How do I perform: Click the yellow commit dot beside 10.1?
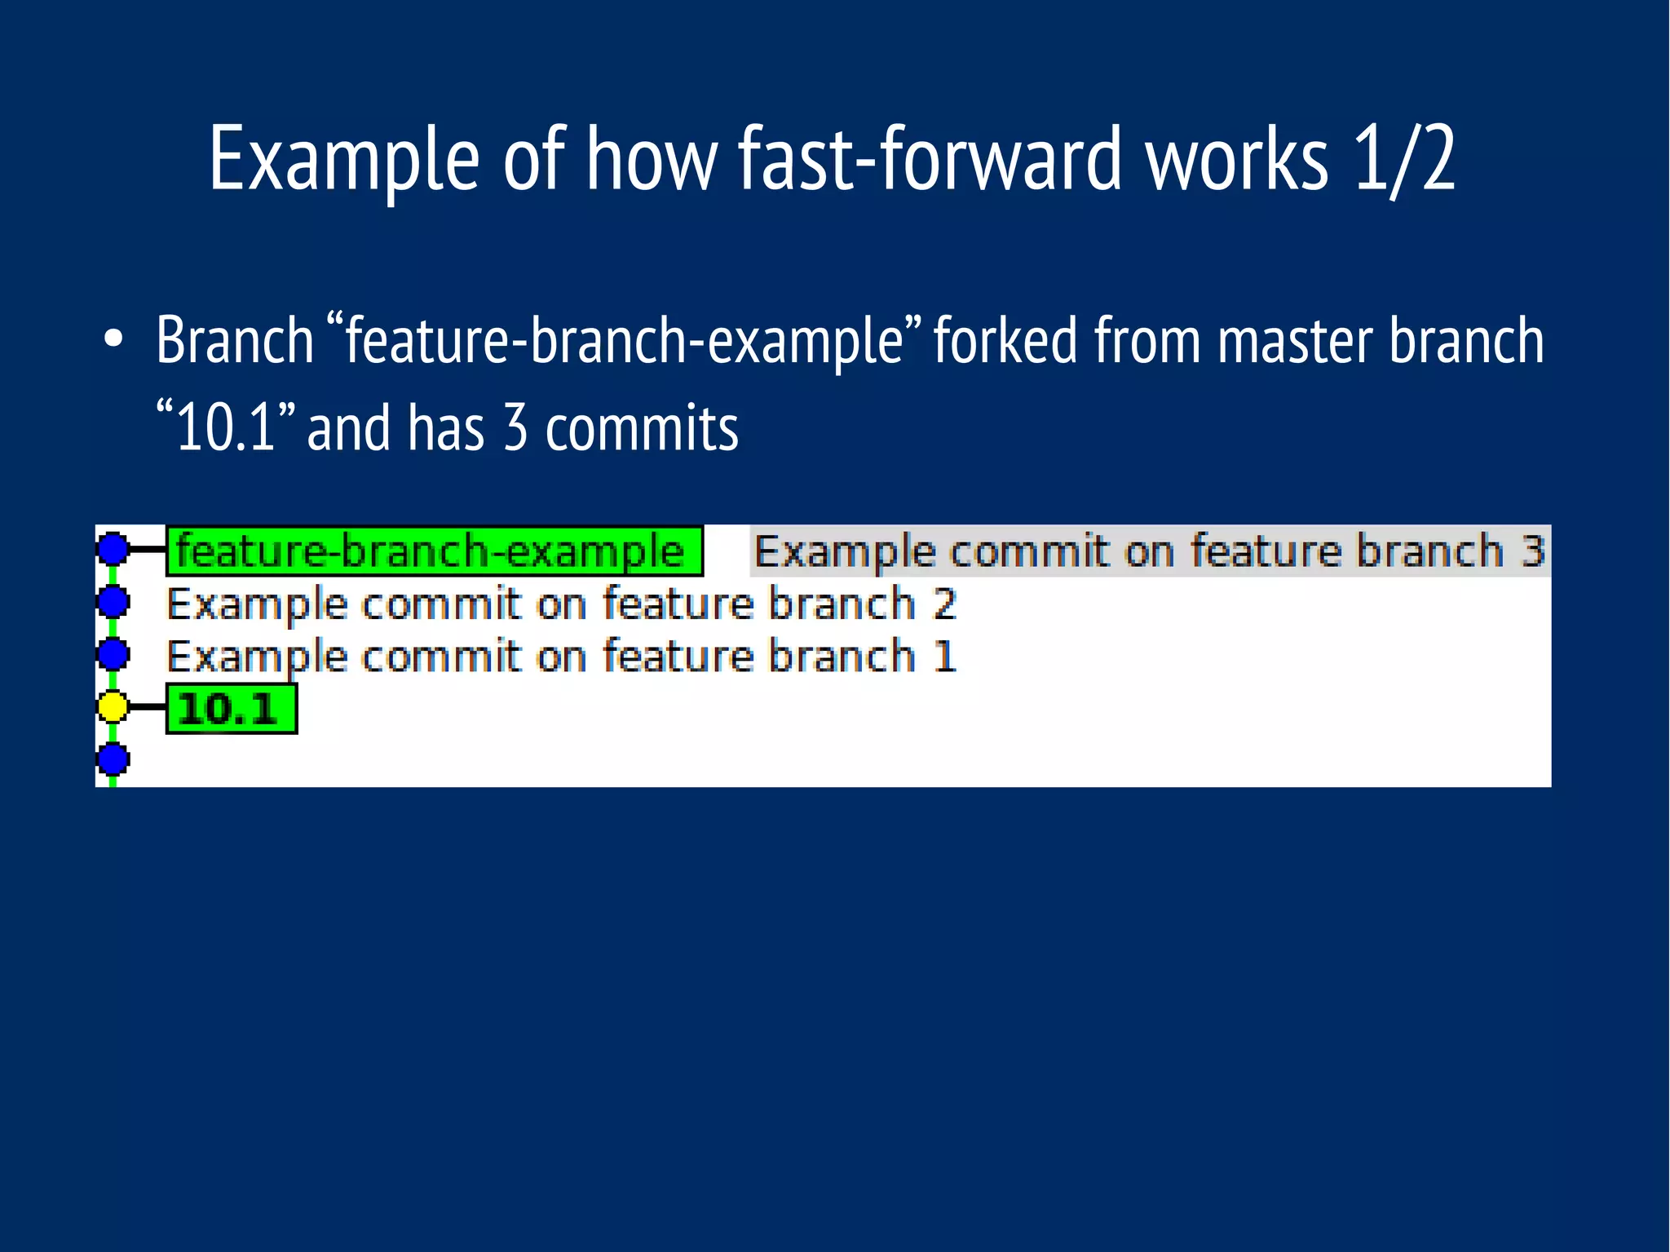[x=113, y=706]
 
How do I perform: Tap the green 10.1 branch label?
[x=231, y=709]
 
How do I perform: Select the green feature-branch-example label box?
[x=434, y=551]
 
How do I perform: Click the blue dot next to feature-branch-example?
[x=113, y=549]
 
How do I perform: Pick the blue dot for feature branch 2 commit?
[x=113, y=602]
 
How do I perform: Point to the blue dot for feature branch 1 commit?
[x=113, y=654]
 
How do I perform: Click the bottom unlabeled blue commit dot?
[x=113, y=759]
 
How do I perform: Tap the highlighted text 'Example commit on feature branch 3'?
[x=1148, y=551]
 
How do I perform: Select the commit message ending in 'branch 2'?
[x=561, y=604]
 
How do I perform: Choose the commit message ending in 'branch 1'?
[x=561, y=657]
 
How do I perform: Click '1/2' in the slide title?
[x=1403, y=160]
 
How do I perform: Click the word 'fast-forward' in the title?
[x=930, y=160]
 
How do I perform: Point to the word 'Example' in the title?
[x=343, y=160]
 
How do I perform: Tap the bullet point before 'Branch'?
[x=113, y=340]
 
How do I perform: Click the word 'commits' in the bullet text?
[x=641, y=429]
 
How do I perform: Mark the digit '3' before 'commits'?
[x=515, y=429]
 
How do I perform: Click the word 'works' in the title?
[x=1236, y=160]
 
